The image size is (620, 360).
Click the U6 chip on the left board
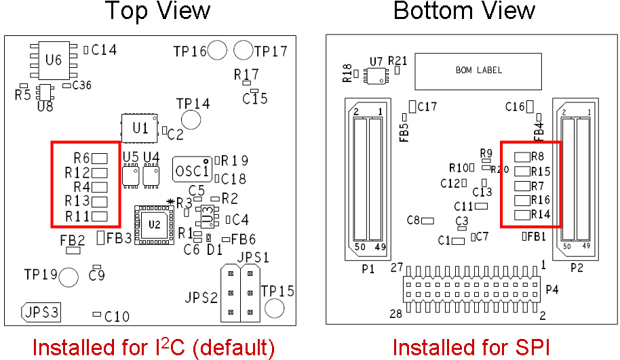(x=53, y=60)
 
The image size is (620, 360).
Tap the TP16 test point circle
(x=217, y=50)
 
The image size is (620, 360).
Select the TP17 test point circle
(x=243, y=50)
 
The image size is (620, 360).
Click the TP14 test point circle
(x=192, y=120)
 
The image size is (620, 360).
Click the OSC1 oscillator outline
(x=192, y=169)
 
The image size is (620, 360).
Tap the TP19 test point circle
(x=69, y=276)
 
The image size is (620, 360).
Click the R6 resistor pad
(x=100, y=158)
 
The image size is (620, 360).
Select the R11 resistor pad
(x=100, y=216)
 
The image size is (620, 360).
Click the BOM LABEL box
(x=479, y=71)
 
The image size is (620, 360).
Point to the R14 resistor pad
(x=522, y=215)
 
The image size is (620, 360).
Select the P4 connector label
(x=552, y=289)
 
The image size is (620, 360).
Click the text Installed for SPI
(x=471, y=347)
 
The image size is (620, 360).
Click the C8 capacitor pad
(x=427, y=220)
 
